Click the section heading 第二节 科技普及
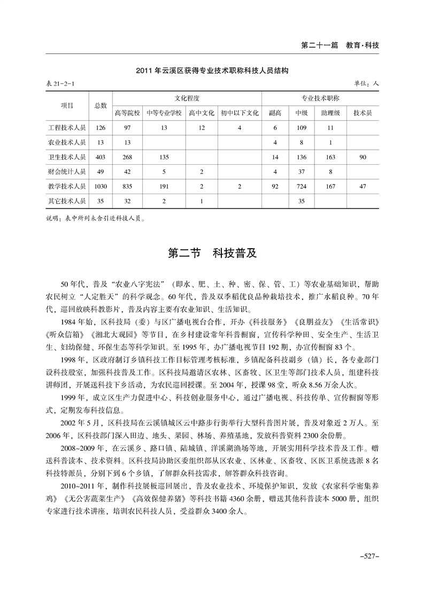click(212, 253)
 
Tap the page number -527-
click(368, 557)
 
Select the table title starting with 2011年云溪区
click(212, 70)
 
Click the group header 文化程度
click(187, 98)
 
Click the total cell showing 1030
click(101, 187)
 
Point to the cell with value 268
click(127, 157)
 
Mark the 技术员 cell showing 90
click(363, 157)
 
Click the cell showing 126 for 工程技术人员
click(101, 128)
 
